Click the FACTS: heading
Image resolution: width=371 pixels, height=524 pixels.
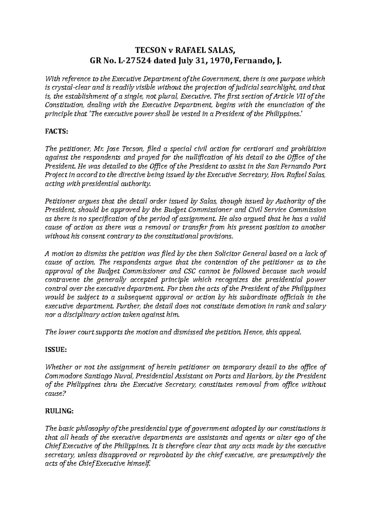56,131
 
